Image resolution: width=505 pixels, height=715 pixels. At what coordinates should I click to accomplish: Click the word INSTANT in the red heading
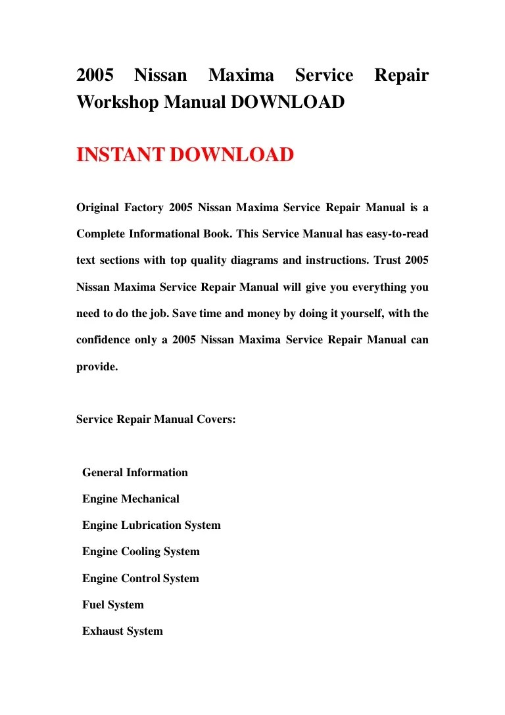[120, 155]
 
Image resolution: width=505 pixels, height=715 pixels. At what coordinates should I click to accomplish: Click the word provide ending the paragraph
[97, 367]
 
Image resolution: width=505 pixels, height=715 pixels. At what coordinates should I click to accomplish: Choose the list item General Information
[135, 472]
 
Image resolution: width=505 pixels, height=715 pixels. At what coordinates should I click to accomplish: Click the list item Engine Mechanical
[130, 499]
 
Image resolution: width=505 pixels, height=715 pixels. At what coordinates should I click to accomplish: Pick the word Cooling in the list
[140, 552]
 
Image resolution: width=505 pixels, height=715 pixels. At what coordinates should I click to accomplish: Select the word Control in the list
[140, 579]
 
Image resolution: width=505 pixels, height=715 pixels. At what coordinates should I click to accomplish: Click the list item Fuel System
[112, 605]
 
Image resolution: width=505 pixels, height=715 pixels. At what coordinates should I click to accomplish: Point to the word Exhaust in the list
[102, 631]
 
